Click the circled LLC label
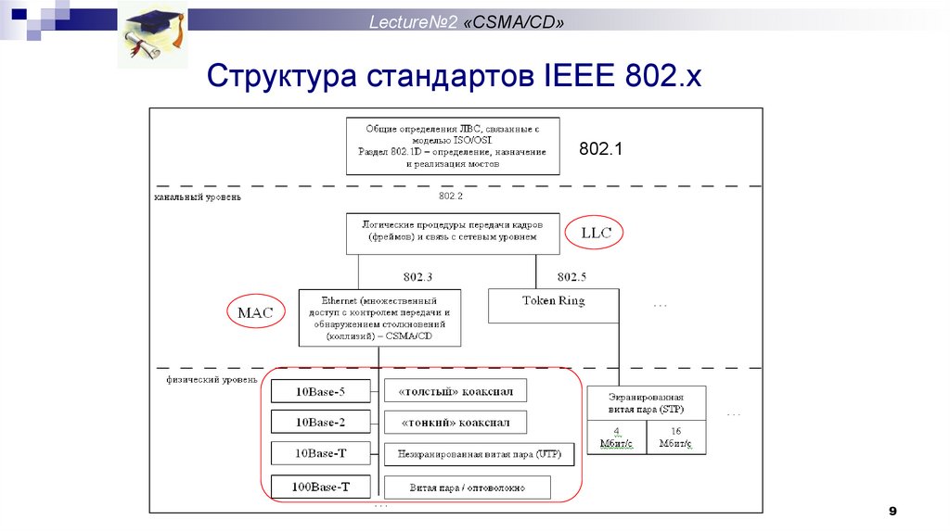tap(596, 233)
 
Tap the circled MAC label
tap(255, 312)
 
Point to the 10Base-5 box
tap(321, 391)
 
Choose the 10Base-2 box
tap(321, 423)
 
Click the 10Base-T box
tap(321, 453)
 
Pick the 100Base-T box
tap(321, 486)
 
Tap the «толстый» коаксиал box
tap(455, 391)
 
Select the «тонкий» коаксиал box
tap(455, 423)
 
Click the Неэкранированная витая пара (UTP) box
tap(479, 454)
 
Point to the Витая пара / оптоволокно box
tap(467, 487)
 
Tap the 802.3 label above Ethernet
tap(417, 276)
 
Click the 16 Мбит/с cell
tap(674, 437)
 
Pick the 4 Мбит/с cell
tap(616, 437)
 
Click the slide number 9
tap(892, 511)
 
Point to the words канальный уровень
tap(198, 197)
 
